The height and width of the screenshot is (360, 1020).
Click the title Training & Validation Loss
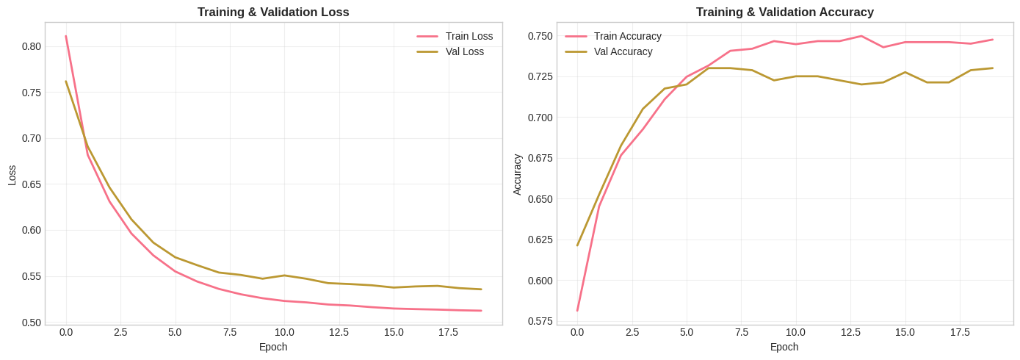273,12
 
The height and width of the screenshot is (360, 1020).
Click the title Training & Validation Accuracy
784,12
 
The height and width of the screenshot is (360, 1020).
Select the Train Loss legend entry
469,36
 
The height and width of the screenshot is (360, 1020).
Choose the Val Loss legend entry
464,51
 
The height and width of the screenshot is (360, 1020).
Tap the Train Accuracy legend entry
627,36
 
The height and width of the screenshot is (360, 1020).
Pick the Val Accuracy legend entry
623,51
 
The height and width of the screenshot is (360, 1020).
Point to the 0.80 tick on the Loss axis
32,46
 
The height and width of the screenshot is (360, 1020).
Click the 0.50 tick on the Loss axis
32,323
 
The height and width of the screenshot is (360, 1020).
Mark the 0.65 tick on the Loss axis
32,184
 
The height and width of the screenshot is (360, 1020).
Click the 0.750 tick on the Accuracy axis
540,36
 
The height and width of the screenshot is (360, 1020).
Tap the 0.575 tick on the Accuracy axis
540,321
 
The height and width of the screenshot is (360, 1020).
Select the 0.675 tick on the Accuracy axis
540,158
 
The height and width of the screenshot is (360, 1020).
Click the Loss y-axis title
12,175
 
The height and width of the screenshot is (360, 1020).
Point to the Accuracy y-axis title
517,175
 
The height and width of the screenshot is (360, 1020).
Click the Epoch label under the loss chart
273,347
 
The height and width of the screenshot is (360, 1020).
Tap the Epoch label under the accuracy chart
784,347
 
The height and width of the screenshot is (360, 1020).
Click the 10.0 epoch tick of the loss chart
284,332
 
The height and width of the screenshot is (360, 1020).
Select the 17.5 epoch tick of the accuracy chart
960,332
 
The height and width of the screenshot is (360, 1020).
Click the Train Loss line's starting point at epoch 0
66,36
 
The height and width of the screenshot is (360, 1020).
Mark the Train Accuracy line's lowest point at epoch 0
577,310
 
